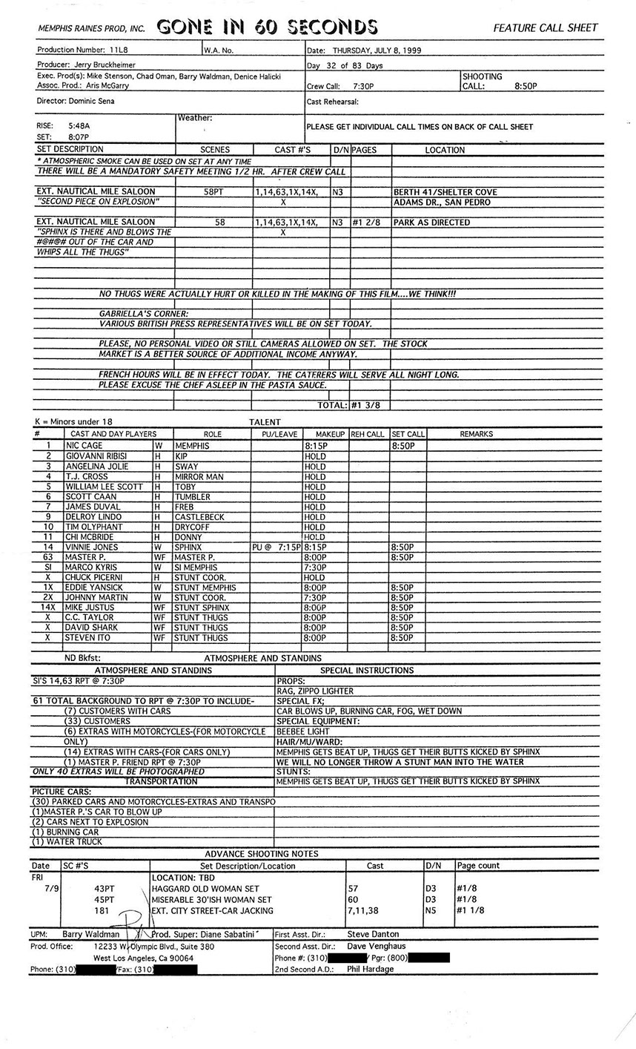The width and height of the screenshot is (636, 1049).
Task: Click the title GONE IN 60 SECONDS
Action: [x=267, y=27]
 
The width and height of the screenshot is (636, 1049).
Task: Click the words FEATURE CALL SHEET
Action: [x=545, y=28]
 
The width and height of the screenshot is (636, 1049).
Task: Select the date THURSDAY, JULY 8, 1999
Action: [x=377, y=50]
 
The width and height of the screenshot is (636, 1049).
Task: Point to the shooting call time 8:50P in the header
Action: [x=526, y=86]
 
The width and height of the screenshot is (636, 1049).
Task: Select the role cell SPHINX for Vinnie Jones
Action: [x=189, y=547]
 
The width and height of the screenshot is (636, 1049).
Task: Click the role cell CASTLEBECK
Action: [x=199, y=517]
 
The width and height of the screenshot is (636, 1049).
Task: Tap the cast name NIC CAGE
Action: [x=83, y=446]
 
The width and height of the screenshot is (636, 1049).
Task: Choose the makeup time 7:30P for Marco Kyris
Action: [x=314, y=568]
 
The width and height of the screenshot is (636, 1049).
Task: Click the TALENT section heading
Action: [x=265, y=421]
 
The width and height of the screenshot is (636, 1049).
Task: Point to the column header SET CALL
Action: [x=408, y=434]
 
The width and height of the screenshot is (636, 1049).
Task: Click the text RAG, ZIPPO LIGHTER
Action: [x=314, y=691]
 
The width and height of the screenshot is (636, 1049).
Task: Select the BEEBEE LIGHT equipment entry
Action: [x=305, y=731]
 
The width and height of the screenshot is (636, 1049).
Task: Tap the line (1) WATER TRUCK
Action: [x=67, y=842]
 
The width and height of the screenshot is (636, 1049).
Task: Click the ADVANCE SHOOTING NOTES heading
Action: [x=262, y=854]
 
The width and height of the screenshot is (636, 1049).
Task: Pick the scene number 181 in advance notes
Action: [x=102, y=910]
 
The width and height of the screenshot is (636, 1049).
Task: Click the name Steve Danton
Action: [x=373, y=934]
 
